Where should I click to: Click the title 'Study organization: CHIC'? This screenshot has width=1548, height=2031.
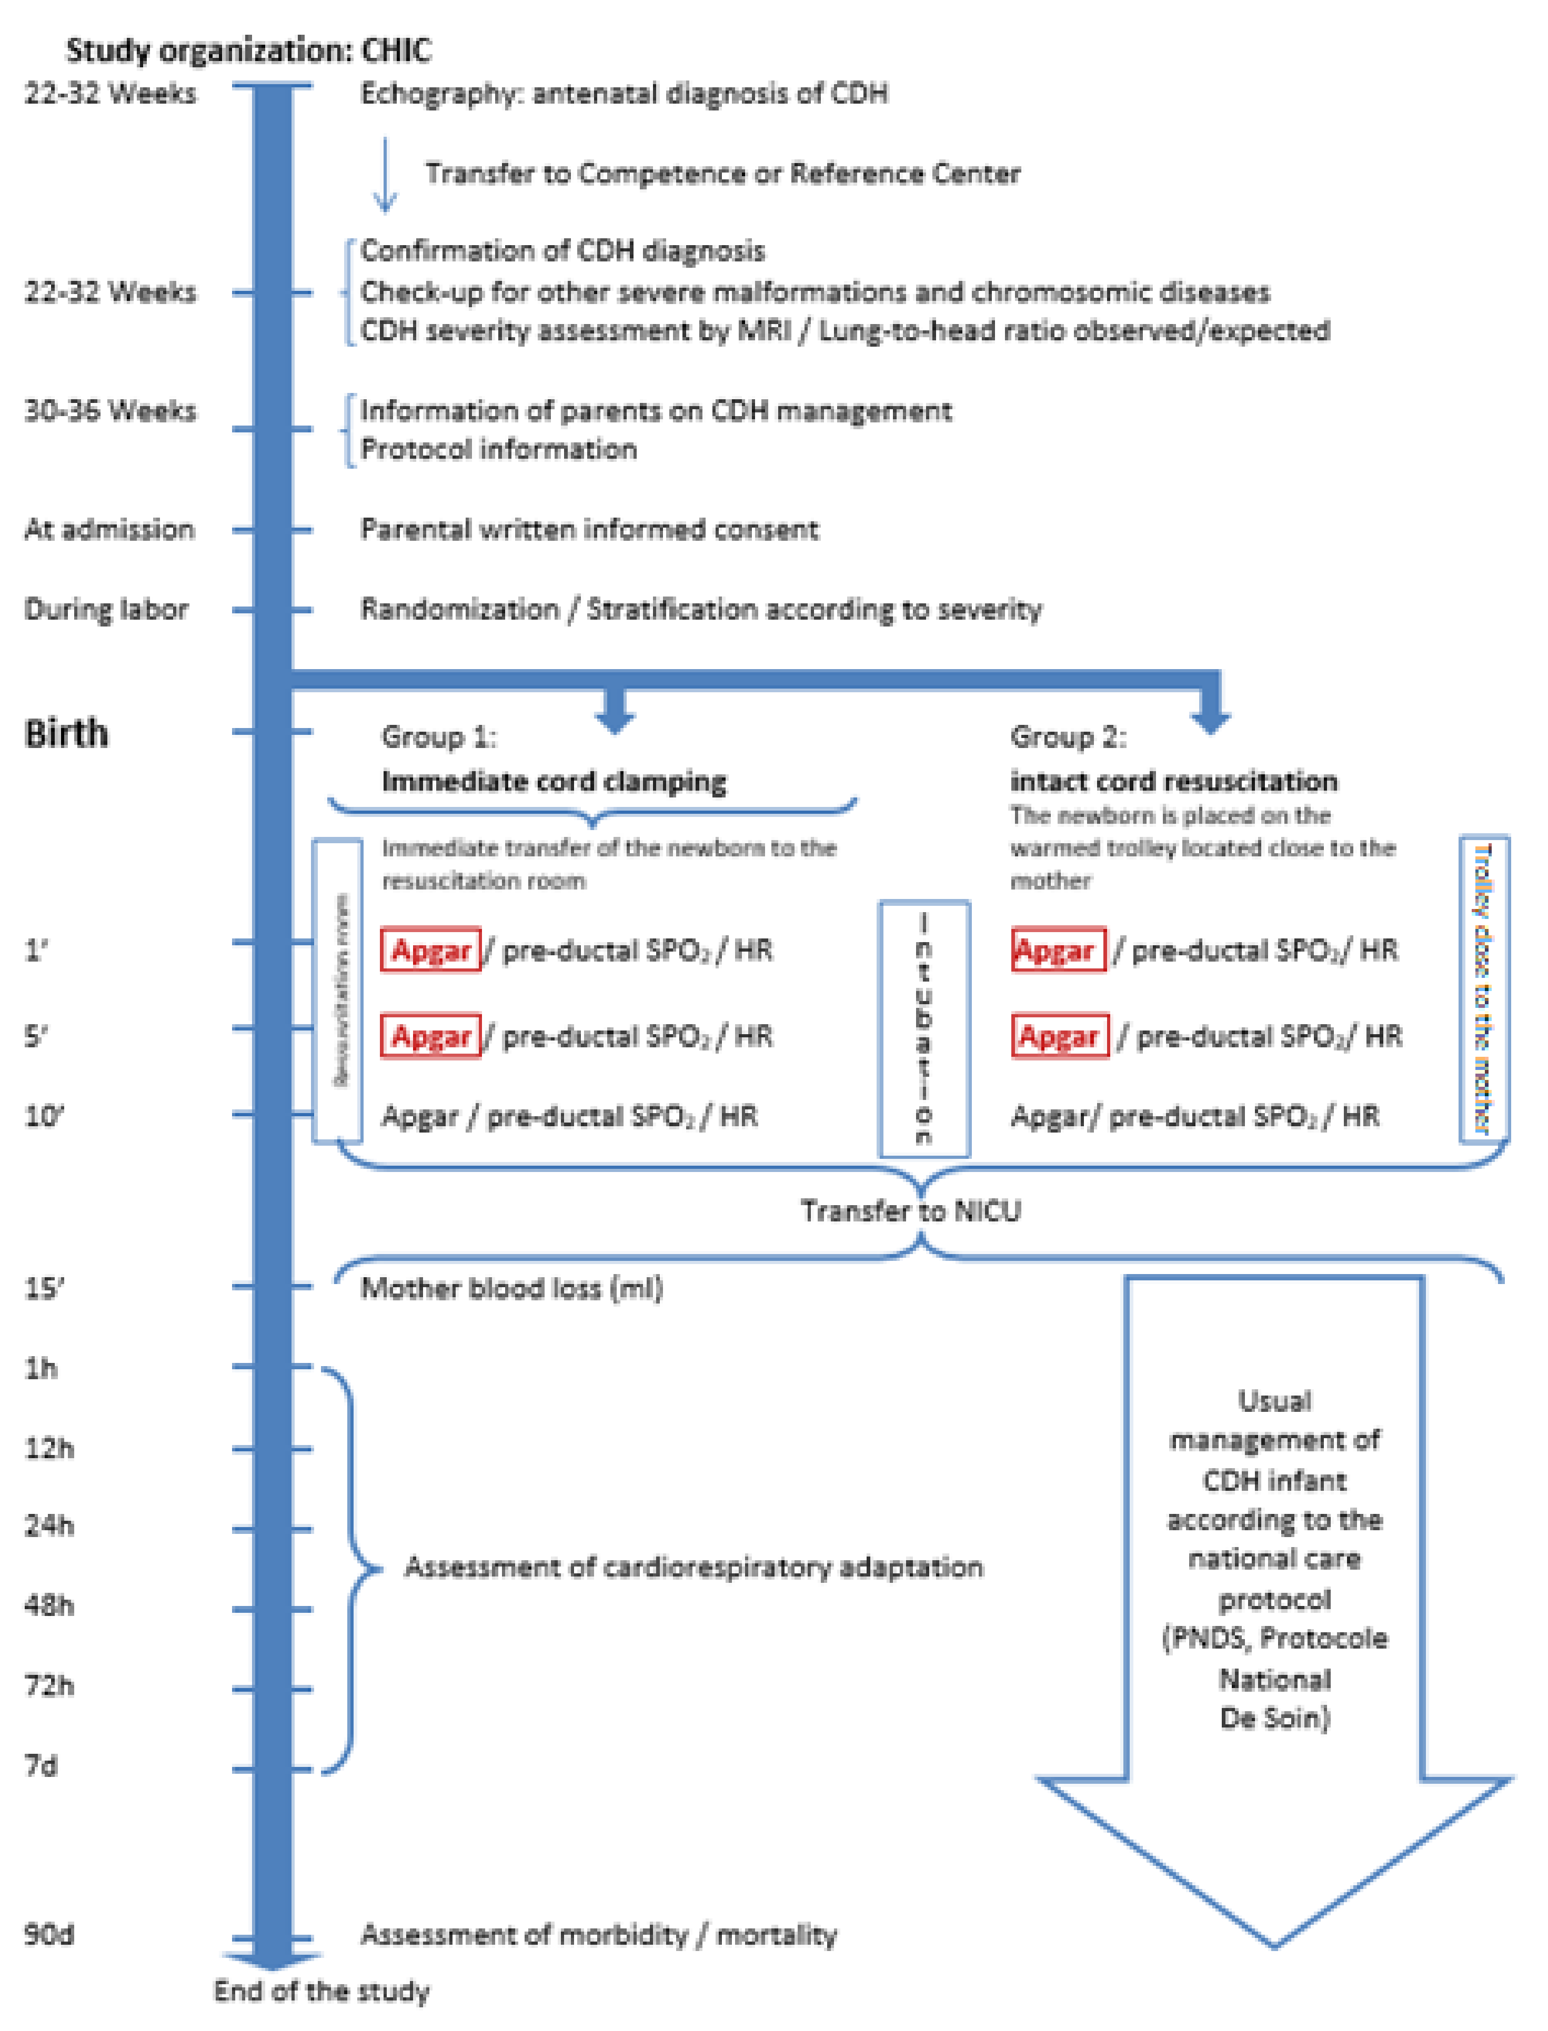tap(249, 50)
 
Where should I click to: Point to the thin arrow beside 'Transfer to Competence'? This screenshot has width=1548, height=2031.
tap(385, 175)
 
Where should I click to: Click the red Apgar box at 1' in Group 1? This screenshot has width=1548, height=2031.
tap(430, 949)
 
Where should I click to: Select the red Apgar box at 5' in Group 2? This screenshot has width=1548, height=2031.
tap(1060, 1036)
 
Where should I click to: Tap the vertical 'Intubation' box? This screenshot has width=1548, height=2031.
tap(924, 1028)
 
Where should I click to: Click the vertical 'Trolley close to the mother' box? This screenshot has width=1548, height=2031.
tap(1483, 988)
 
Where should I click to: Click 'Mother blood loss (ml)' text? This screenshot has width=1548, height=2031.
tap(511, 1288)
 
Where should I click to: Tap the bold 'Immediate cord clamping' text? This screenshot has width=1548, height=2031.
tap(554, 782)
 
